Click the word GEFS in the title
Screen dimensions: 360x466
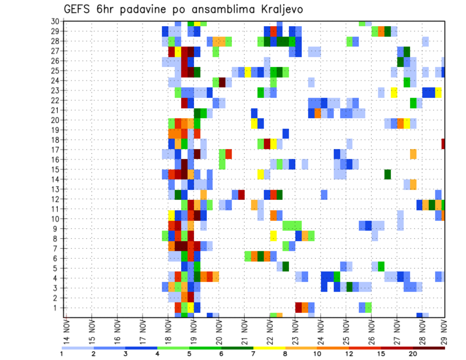coord(77,10)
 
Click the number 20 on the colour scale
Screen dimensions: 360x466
coord(413,354)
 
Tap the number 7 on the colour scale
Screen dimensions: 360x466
coord(253,354)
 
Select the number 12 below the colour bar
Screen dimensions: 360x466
coord(349,354)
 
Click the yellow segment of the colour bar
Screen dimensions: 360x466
coord(269,347)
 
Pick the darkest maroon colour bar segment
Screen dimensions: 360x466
coord(429,347)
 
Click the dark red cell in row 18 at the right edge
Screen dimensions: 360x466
coord(443,144)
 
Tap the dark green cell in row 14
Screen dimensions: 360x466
coord(387,174)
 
